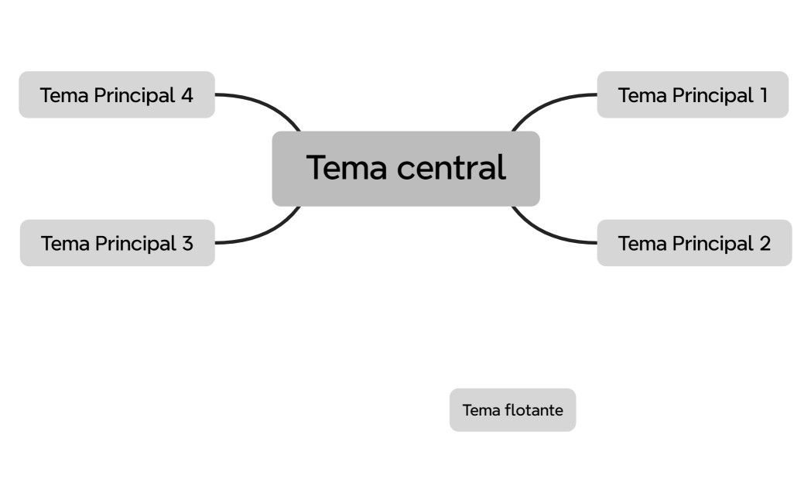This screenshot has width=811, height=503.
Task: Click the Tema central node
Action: [x=405, y=169]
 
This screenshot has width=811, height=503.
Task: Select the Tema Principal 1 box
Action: [x=692, y=95]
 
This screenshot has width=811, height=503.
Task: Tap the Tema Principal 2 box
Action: [x=693, y=243]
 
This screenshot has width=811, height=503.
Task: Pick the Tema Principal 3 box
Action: [x=117, y=243]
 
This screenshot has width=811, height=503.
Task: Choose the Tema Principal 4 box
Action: [x=116, y=95]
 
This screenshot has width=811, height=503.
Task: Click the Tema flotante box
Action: [x=512, y=410]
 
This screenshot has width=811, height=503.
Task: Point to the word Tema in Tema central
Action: [x=339, y=168]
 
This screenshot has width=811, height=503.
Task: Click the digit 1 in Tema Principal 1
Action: [x=763, y=95]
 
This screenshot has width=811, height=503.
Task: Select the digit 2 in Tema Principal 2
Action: [x=765, y=243]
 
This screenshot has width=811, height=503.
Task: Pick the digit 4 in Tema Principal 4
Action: [x=186, y=95]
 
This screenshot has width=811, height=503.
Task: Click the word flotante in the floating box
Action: [x=533, y=410]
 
